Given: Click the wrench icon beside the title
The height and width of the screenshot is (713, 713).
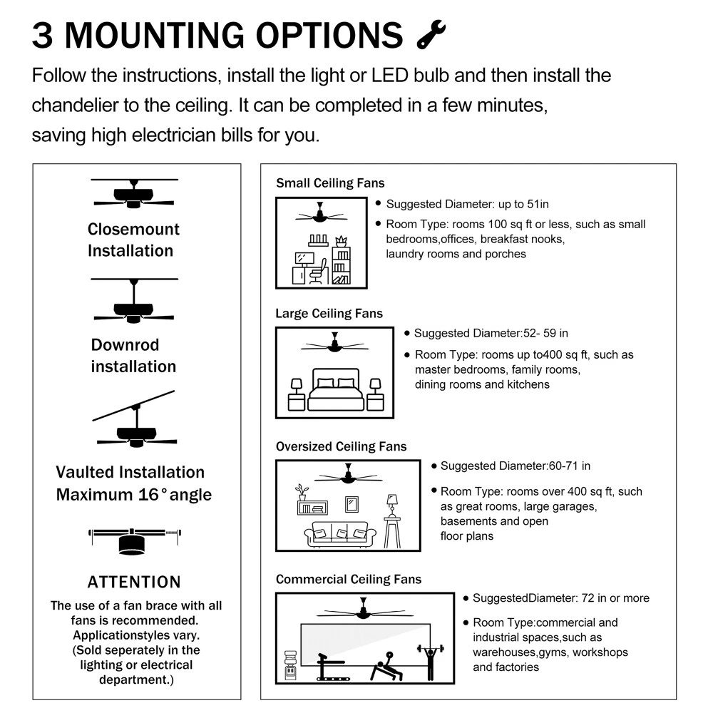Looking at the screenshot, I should pyautogui.click(x=431, y=34).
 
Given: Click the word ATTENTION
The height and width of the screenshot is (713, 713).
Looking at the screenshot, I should pyautogui.click(x=133, y=582).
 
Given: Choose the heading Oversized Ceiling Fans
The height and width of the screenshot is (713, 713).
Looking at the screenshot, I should pyautogui.click(x=341, y=446).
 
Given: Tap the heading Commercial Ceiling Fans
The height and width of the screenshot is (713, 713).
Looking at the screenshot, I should pyautogui.click(x=349, y=580).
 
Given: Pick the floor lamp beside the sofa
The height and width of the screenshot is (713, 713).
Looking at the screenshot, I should pyautogui.click(x=391, y=520).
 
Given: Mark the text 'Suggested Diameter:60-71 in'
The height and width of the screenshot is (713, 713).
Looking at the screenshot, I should pyautogui.click(x=515, y=466).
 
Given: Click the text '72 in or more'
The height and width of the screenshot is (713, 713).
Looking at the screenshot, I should pyautogui.click(x=614, y=598).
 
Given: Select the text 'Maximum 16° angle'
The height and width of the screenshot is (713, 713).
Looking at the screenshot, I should pyautogui.click(x=133, y=494).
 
